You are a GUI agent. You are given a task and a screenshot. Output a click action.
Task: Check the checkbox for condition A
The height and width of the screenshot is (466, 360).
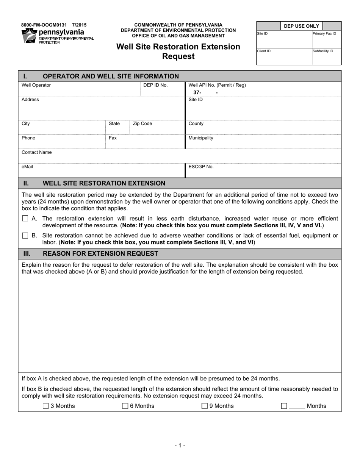click(25, 219)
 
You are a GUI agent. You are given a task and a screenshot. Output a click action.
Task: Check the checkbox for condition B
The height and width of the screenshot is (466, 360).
click(25, 236)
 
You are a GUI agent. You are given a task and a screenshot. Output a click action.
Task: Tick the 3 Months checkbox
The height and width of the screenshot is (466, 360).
click(46, 406)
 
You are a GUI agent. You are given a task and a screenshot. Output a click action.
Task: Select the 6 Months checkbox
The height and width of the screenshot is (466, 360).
click(125, 406)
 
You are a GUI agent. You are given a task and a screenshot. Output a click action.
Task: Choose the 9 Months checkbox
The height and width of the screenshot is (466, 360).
click(205, 406)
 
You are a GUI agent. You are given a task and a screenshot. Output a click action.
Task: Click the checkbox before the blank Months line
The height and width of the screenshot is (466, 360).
click(284, 406)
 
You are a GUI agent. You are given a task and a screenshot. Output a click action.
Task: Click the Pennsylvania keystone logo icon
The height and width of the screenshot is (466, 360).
click(30, 36)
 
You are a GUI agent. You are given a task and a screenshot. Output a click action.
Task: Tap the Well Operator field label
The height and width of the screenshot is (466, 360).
click(36, 85)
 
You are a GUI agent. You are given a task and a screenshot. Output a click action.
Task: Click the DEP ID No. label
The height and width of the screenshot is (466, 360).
click(155, 85)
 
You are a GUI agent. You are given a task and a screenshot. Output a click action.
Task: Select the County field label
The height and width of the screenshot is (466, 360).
click(196, 124)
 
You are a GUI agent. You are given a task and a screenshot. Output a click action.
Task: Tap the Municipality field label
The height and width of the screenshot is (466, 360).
click(201, 138)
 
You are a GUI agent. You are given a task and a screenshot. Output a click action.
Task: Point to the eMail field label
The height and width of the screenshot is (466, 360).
click(28, 167)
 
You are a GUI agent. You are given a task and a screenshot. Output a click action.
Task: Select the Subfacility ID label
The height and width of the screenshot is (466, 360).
click(322, 51)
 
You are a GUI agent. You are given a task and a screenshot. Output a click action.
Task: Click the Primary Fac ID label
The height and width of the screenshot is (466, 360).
click(324, 34)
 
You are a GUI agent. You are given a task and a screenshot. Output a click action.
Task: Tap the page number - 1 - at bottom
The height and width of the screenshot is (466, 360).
click(180, 446)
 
